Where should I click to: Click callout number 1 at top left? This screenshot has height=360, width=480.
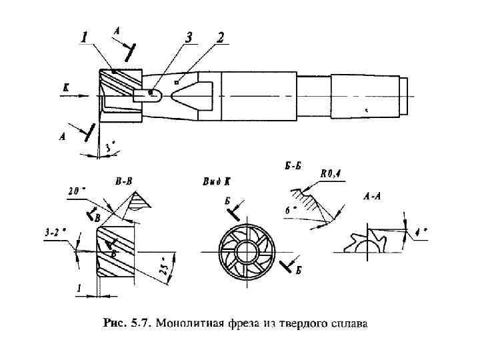pos(84,39)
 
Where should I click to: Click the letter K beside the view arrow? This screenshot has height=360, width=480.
pos(65,87)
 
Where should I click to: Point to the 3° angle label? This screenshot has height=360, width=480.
pos(111,145)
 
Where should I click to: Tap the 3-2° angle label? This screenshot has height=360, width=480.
pos(55,233)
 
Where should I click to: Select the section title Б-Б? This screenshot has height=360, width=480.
pos(293,166)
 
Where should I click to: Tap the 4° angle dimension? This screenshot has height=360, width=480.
pos(420,233)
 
